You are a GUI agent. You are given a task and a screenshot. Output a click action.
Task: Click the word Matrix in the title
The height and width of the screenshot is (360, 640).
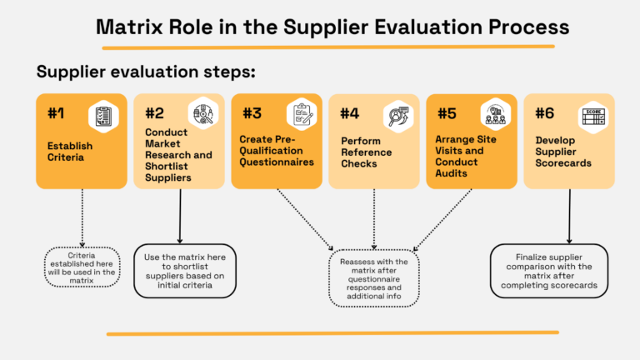pos(132,26)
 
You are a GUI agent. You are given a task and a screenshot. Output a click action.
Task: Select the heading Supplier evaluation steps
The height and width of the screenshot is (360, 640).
pos(146,72)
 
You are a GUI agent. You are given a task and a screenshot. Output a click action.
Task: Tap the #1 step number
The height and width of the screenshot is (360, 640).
pos(57,113)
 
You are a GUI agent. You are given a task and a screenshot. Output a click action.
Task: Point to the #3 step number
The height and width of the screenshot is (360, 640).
pos(252,113)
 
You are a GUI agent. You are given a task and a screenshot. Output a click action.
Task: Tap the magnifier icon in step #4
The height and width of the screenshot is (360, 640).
pos(397,115)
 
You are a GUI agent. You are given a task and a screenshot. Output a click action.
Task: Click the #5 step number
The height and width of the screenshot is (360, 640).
pos(447,113)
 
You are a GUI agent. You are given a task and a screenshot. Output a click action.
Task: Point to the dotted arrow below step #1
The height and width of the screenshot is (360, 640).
pos(82,216)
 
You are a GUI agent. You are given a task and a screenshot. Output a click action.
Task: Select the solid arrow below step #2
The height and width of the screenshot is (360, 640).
pos(180,216)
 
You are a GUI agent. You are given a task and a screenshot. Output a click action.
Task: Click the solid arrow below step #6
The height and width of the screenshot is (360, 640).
pos(569,216)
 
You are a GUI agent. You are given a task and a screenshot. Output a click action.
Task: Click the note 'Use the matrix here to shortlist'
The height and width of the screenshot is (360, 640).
pos(185,271)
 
